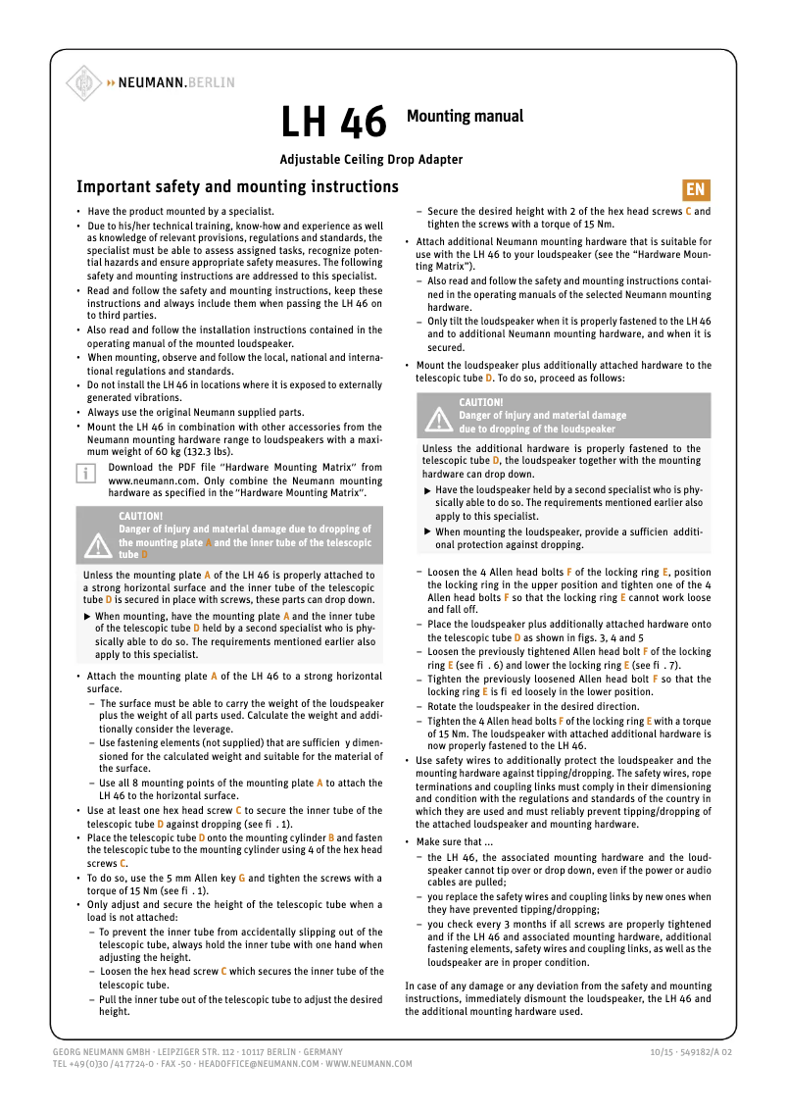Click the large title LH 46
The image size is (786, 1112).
point(333,124)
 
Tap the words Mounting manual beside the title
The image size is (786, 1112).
point(465,116)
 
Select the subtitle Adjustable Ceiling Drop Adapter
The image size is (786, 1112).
point(371,159)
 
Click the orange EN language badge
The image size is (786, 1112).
point(695,190)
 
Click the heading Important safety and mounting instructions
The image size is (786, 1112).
point(237,187)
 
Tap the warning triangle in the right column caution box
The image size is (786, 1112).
point(437,419)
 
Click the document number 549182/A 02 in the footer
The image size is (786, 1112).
point(707,1052)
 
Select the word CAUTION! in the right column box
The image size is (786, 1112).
point(481,402)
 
